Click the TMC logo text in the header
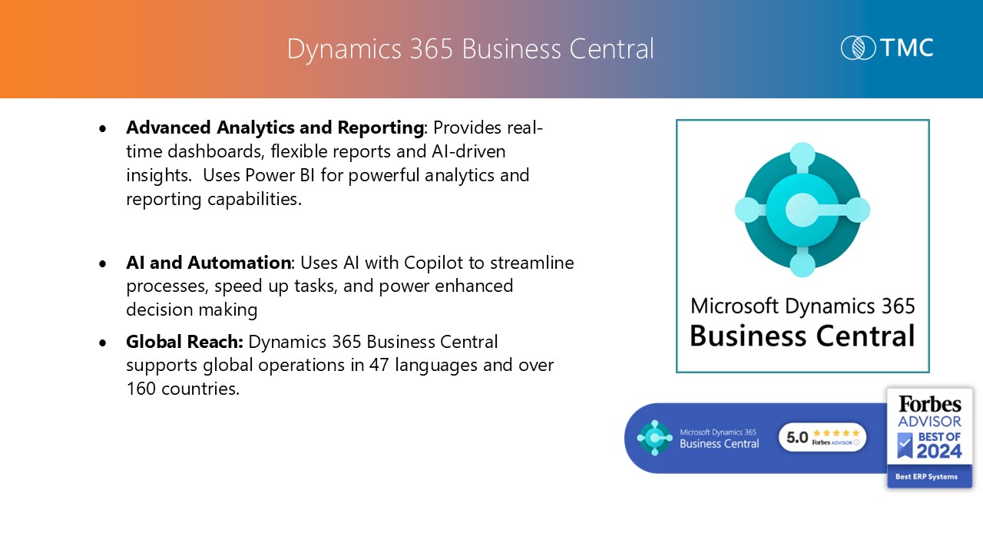(907, 48)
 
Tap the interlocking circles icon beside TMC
(858, 48)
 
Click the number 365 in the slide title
(431, 48)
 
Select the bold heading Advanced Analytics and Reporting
(275, 127)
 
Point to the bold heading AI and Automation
(208, 263)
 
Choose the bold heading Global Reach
(184, 342)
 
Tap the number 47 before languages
(379, 365)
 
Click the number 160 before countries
(141, 389)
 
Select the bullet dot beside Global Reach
(103, 343)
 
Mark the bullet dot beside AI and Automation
(103, 263)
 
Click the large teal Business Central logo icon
(803, 210)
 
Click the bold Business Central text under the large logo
(803, 336)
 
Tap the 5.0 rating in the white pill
(797, 438)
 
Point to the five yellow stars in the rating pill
(836, 433)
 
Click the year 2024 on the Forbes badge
(939, 451)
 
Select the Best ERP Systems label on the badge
(926, 477)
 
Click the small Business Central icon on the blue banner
(654, 438)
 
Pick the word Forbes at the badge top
(929, 404)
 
